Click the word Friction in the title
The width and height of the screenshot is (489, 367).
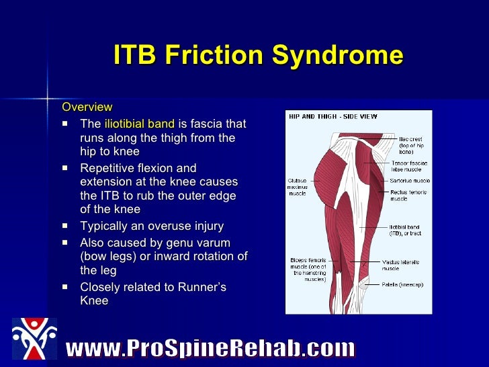click(x=222, y=56)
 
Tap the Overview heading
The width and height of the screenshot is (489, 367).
click(x=87, y=108)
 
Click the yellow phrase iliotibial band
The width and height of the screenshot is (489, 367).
click(x=139, y=124)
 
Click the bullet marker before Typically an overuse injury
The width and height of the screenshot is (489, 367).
click(x=64, y=227)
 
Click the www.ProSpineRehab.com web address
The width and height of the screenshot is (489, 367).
click(x=210, y=348)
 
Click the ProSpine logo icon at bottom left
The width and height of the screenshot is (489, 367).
click(x=34, y=339)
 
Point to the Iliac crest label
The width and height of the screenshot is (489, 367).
click(x=411, y=145)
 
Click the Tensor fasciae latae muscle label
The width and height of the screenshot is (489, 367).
click(x=409, y=167)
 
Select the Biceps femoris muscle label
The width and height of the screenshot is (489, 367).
click(x=308, y=269)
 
